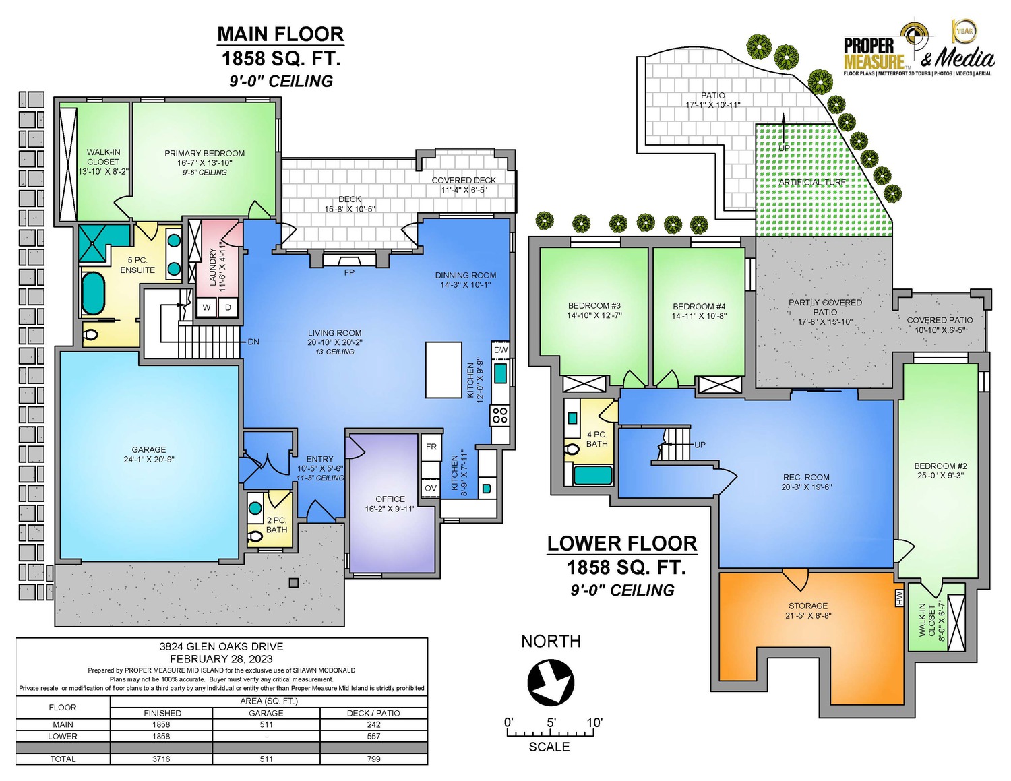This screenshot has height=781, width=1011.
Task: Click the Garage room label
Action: tap(148, 454)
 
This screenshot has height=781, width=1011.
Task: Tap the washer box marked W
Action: tap(206, 307)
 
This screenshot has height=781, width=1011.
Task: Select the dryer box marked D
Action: tap(228, 307)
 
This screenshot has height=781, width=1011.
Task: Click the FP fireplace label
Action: tap(349, 273)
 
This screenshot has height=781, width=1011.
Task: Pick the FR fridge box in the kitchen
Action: tap(431, 447)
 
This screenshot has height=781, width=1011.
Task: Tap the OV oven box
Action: tap(431, 489)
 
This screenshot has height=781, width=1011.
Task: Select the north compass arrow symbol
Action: tap(551, 683)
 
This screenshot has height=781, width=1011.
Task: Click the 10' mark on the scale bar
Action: tap(594, 722)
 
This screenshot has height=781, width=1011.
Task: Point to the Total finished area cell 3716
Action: tap(161, 759)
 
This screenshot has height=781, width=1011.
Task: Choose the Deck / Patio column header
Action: tap(373, 713)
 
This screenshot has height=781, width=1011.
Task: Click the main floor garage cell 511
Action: tap(266, 724)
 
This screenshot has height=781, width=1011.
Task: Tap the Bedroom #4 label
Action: tap(699, 311)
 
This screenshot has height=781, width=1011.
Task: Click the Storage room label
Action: tap(808, 611)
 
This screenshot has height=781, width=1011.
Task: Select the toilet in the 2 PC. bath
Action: tap(254, 537)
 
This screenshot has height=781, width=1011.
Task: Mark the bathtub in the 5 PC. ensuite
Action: tap(94, 294)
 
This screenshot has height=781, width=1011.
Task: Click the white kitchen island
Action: tap(443, 370)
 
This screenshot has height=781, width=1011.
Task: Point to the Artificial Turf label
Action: tap(812, 182)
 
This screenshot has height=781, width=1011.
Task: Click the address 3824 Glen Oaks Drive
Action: tap(221, 646)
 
